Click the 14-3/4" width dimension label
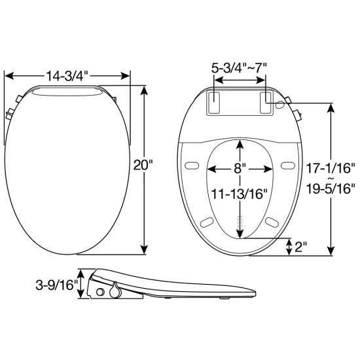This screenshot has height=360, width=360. click(x=67, y=76)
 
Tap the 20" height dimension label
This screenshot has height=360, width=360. click(x=143, y=164)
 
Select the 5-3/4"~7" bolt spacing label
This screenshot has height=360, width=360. click(x=239, y=67)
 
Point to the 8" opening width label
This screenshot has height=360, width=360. click(x=240, y=169)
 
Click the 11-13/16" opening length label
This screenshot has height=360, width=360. click(x=240, y=194)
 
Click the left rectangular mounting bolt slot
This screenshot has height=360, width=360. click(x=214, y=103)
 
